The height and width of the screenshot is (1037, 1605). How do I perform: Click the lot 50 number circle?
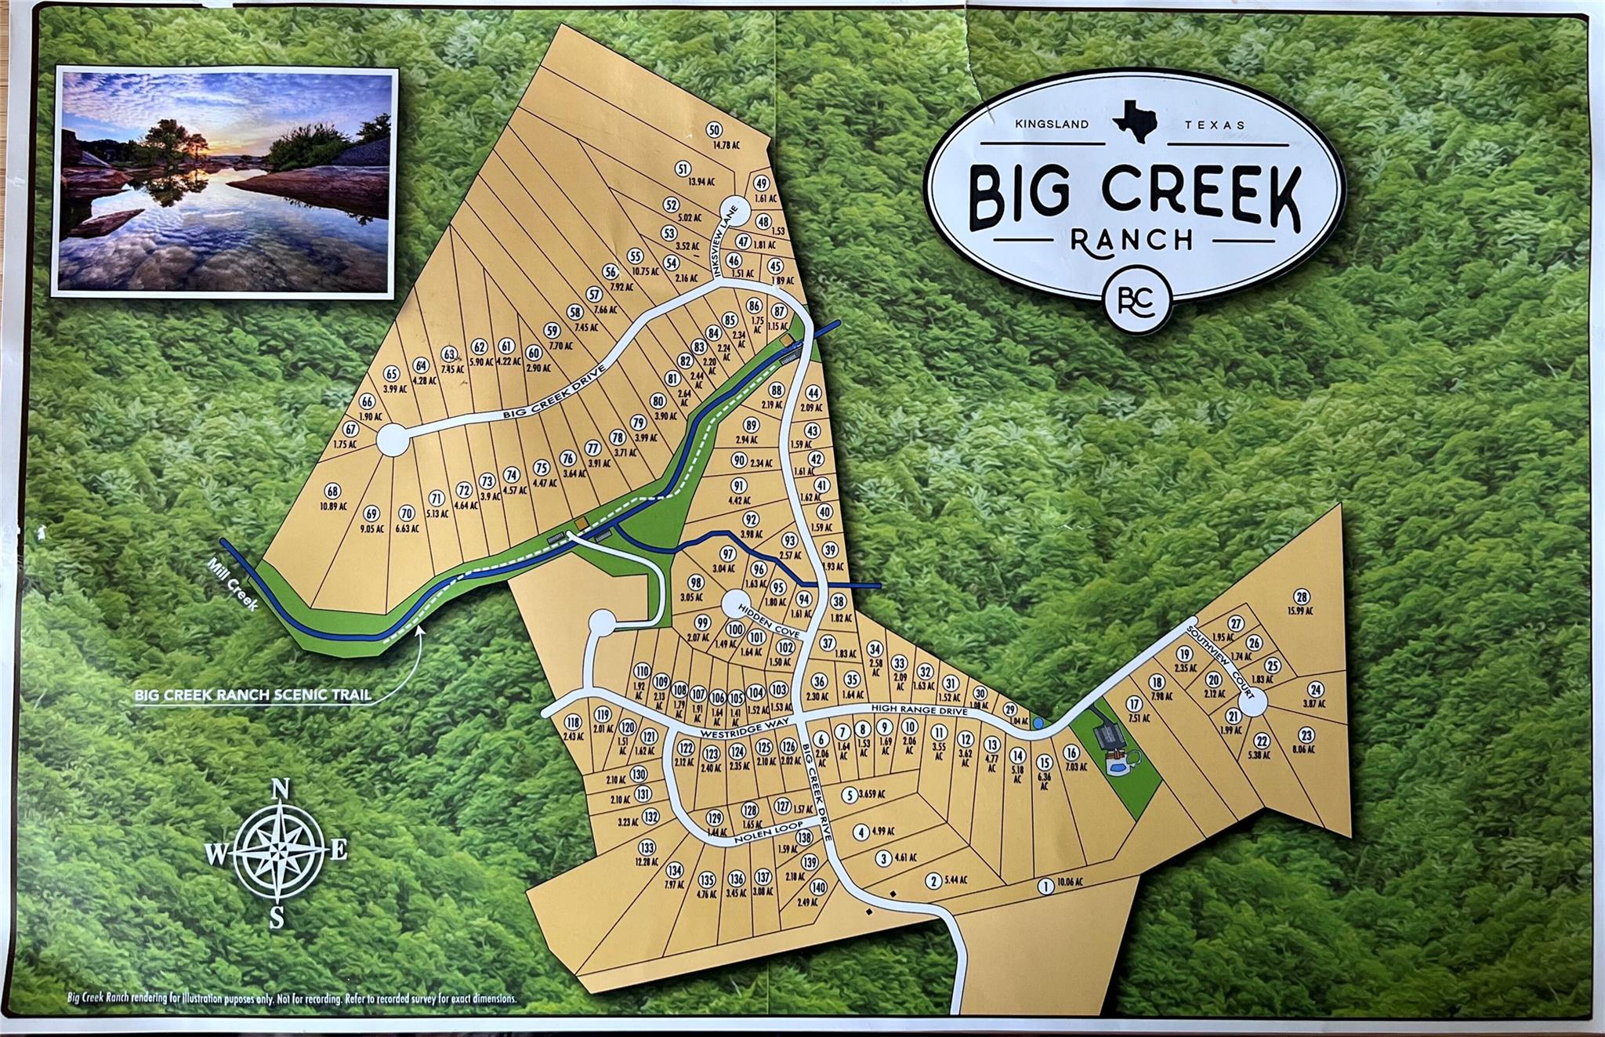[x=713, y=130]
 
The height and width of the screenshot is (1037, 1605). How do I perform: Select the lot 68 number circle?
[x=334, y=491]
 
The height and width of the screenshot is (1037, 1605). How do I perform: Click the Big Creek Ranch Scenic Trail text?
[x=252, y=694]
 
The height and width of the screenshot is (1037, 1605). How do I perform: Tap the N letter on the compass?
[x=277, y=790]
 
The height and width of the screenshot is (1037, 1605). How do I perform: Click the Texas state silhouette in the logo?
[x=1135, y=118]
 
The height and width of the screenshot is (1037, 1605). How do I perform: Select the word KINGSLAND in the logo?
[x=1052, y=124]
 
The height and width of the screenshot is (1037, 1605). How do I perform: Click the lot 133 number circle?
[x=647, y=847]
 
